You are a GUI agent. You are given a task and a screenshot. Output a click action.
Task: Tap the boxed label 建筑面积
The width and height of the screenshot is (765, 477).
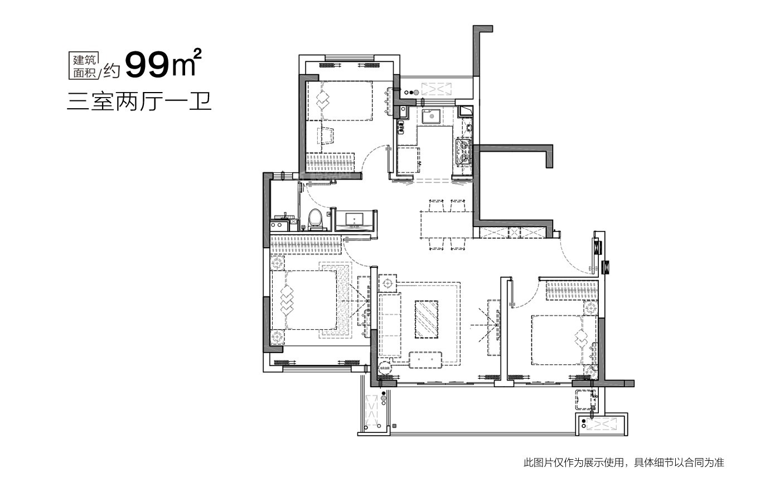coord(84,66)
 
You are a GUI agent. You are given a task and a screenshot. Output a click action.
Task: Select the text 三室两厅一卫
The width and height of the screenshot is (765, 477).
coord(139,102)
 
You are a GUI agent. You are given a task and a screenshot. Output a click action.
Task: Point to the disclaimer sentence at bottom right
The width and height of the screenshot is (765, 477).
coord(624,462)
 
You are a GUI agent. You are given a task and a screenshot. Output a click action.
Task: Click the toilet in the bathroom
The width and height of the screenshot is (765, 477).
coord(315,219)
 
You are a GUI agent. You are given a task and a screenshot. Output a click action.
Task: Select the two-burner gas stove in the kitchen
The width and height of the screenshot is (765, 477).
coord(463,151)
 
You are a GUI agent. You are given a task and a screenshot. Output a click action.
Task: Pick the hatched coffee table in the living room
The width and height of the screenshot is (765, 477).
coord(427,319)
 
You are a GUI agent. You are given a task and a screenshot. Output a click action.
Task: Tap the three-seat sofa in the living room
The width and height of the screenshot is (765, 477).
coord(389,325)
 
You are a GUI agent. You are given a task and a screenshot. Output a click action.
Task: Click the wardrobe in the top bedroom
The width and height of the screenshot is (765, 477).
coord(330,162)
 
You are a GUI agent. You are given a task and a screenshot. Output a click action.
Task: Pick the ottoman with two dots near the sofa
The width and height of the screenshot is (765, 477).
coord(425,360)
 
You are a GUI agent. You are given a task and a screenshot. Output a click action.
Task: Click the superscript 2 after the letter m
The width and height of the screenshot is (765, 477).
coord(197,54)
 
